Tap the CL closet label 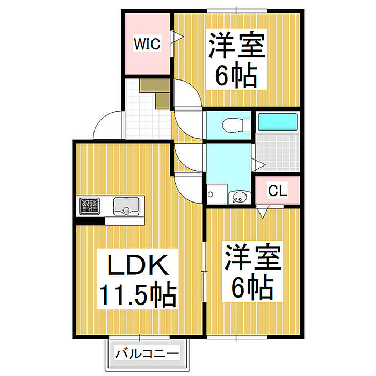(x=277, y=190)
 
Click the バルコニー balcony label (x=147, y=355)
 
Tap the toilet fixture (x=234, y=124)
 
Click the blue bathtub (x=277, y=121)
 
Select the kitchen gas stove (x=90, y=205)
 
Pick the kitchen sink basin (x=127, y=205)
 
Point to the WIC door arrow (x=177, y=37)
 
